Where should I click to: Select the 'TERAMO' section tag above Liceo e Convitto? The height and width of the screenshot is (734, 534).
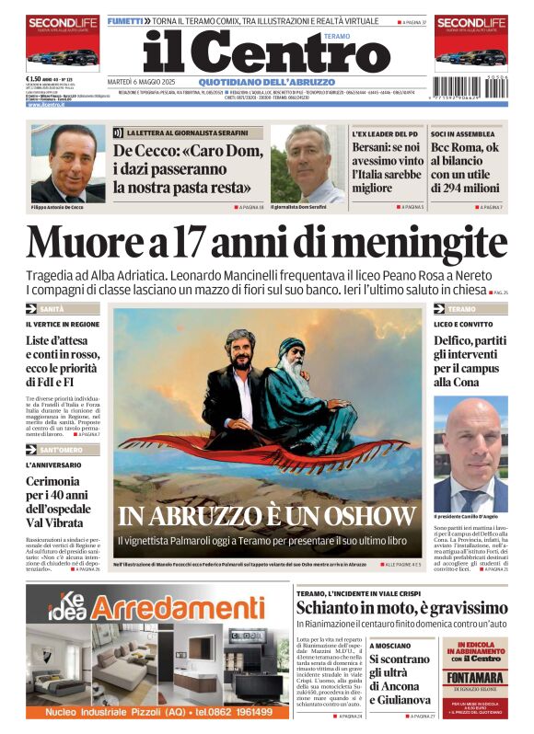pos(462,309)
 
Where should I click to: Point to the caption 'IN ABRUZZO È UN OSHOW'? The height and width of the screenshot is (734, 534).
pos(267,516)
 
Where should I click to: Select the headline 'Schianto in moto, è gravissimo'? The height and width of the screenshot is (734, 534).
pos(401,608)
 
